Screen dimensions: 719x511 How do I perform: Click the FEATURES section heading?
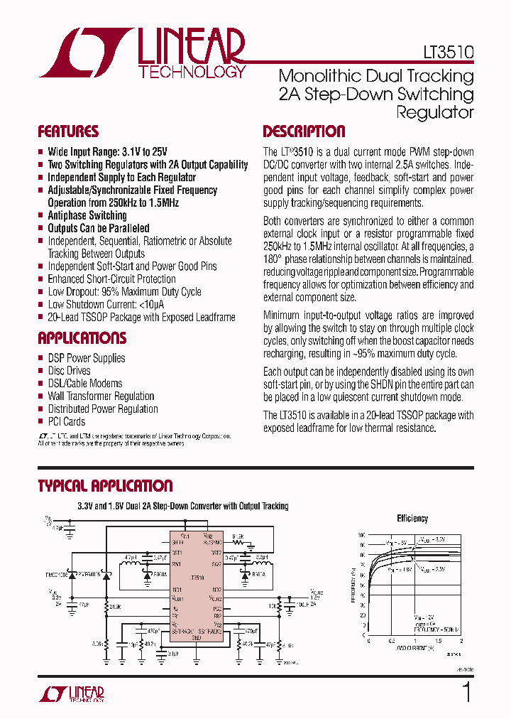(68, 131)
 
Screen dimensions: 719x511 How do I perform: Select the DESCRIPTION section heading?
(304, 131)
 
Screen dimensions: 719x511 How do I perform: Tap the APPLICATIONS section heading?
(82, 338)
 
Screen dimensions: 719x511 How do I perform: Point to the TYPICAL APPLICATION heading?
(105, 486)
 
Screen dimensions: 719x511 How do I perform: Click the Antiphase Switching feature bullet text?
(87, 215)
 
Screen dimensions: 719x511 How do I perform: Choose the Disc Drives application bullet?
(69, 371)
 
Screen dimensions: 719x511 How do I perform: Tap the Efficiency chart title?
(412, 519)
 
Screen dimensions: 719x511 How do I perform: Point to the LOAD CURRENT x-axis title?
(414, 649)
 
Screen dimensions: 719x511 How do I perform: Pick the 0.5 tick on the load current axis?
(391, 641)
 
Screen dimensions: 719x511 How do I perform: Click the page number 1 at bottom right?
(466, 692)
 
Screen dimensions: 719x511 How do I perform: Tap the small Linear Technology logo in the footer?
(72, 693)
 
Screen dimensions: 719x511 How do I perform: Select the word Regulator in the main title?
(434, 112)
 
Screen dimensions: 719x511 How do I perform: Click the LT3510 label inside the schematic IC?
(197, 578)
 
